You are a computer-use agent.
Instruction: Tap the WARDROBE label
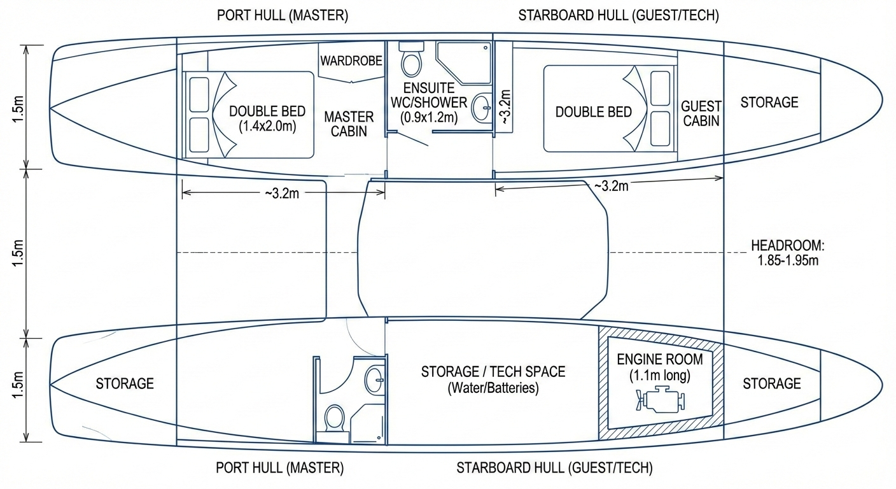click(x=351, y=61)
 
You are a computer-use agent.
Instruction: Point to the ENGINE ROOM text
click(x=660, y=359)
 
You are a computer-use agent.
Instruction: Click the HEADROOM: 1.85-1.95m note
click(x=788, y=253)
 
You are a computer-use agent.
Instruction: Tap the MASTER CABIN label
click(x=349, y=124)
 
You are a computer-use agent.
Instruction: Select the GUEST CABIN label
click(x=701, y=113)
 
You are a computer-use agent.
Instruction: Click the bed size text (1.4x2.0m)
click(x=267, y=127)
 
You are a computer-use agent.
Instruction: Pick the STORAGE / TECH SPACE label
click(x=493, y=372)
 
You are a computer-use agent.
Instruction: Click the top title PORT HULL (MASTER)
click(x=283, y=15)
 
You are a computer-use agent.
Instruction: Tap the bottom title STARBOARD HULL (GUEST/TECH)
click(x=554, y=468)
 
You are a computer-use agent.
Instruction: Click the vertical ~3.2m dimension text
click(x=505, y=107)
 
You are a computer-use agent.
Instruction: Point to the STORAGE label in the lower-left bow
click(x=125, y=383)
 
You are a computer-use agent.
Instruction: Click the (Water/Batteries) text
click(x=493, y=388)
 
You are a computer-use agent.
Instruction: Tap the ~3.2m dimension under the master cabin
click(x=282, y=194)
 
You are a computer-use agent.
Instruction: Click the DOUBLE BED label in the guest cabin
click(x=594, y=111)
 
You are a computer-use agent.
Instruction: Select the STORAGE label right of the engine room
click(x=772, y=383)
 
